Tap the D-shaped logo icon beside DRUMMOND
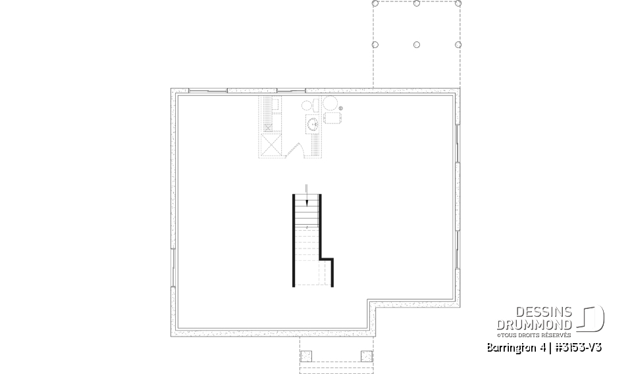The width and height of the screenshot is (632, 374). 592,319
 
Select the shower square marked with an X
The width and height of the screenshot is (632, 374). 272,145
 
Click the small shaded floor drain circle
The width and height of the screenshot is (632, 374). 341,108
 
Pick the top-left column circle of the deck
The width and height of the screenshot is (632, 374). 375,3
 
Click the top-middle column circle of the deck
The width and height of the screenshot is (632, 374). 417,3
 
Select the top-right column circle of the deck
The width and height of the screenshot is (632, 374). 458,3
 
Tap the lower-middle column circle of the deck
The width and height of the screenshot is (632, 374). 417,45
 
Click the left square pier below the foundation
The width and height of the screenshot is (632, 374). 306,356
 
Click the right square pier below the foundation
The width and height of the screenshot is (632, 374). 366,356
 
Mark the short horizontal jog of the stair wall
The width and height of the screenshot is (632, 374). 326,259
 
